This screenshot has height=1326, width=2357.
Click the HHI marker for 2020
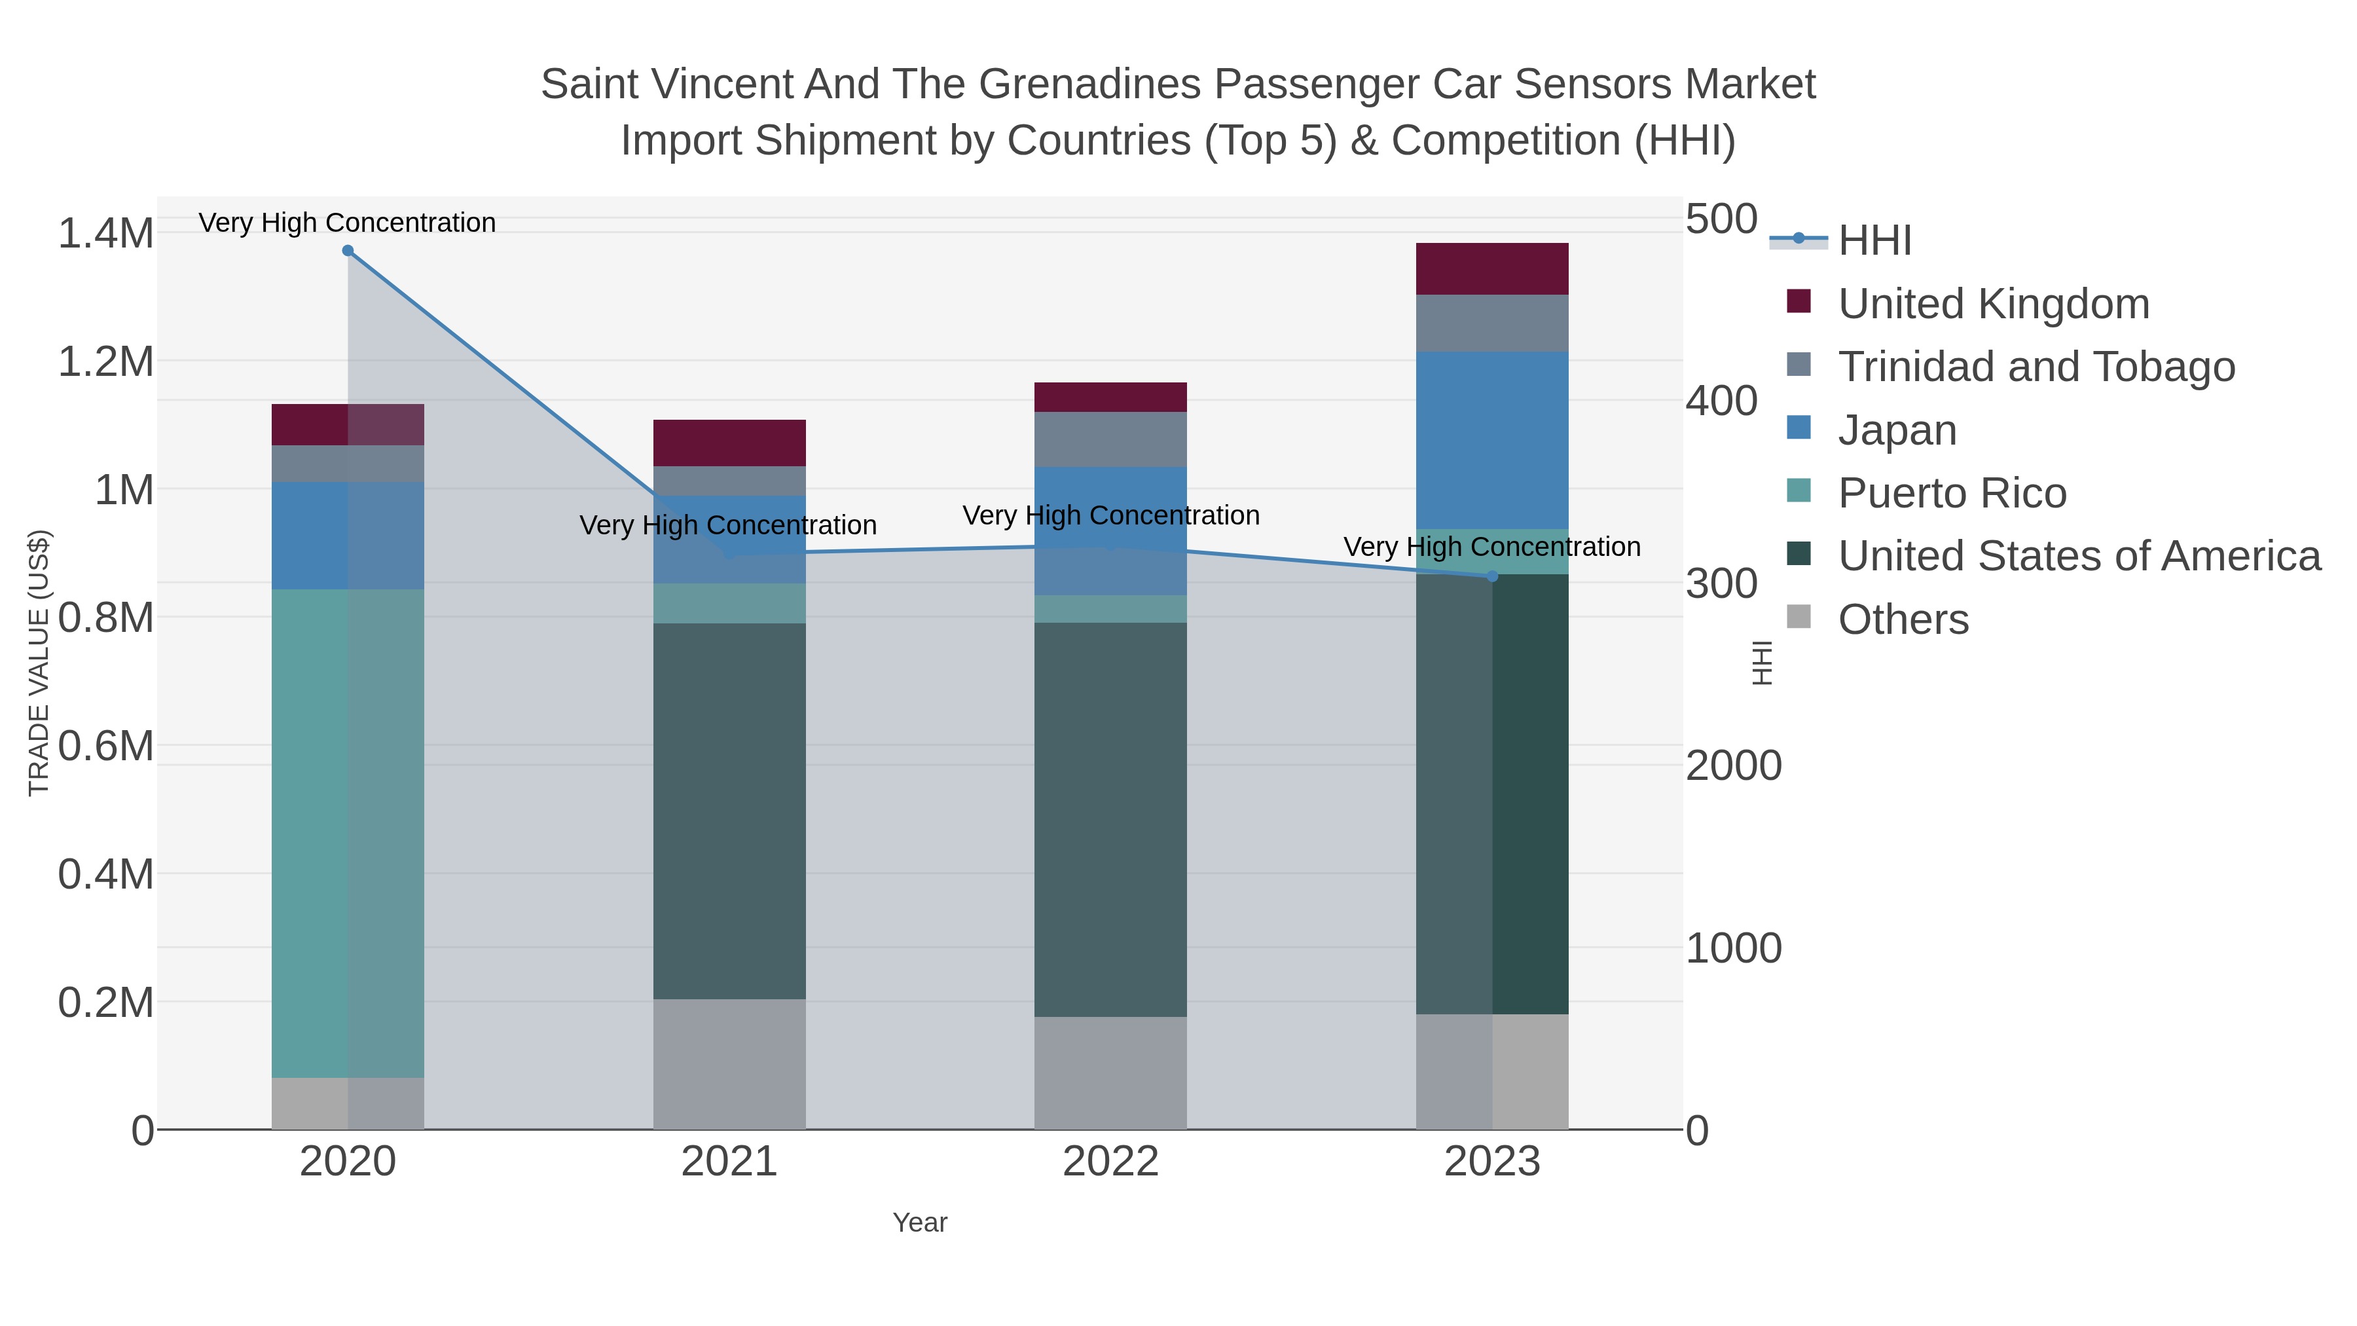tap(348, 251)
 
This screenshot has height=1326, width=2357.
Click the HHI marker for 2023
tap(1492, 576)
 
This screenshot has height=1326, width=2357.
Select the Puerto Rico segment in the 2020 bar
tap(348, 833)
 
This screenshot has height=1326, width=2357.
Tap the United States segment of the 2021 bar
tap(729, 811)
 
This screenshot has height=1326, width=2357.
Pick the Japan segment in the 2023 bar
tap(1492, 440)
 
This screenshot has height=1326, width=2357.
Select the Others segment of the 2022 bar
tap(1111, 1073)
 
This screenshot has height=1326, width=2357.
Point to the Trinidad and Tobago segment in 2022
tap(1111, 439)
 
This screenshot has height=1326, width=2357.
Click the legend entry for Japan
tap(1897, 430)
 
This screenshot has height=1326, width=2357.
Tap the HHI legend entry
tap(1874, 240)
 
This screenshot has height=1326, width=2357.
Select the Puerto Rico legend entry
tap(1952, 493)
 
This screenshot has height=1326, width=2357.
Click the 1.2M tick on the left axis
tap(105, 361)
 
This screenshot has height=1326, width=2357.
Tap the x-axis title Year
tap(920, 1223)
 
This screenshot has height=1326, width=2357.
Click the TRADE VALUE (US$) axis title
tap(39, 663)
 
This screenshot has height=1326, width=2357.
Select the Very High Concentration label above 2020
tap(348, 223)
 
